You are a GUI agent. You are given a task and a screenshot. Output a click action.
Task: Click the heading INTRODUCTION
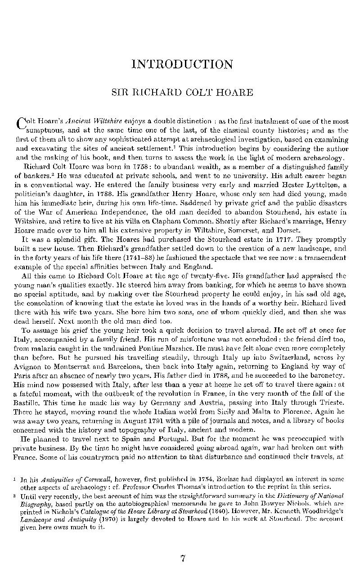click(182, 64)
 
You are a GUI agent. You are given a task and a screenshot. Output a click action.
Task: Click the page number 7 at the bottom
click(183, 559)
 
